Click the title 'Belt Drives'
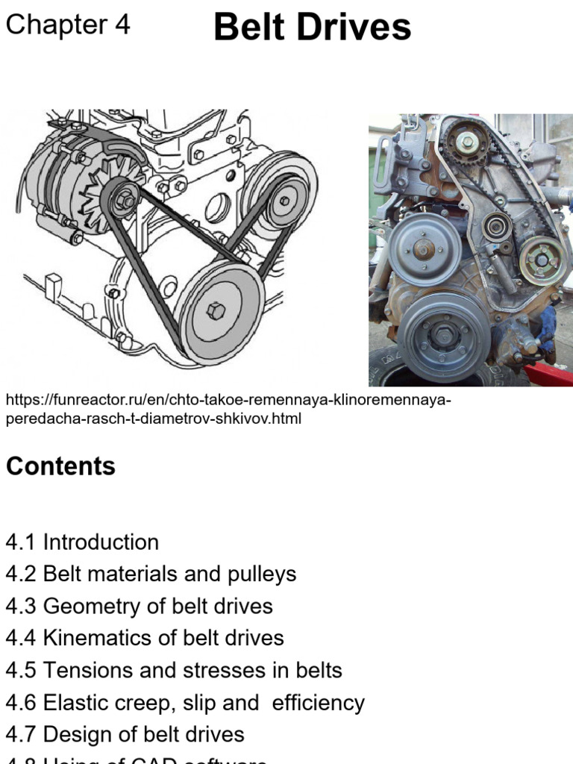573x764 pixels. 312,28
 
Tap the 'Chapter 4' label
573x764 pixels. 68,25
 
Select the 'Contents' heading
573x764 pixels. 60,466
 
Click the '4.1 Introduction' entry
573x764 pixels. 82,542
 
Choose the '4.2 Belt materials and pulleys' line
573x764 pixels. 151,574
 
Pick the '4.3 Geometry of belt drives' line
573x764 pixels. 139,606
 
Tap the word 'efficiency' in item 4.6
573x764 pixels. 319,702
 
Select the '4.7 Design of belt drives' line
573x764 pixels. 125,734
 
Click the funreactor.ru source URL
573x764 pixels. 228,410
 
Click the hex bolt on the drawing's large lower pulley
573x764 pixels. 216,310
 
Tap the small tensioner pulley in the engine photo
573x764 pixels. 495,225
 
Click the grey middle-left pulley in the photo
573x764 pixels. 423,248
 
